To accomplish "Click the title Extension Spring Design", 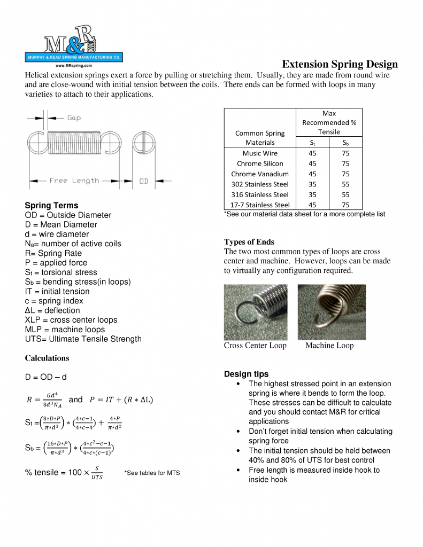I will (x=340, y=64).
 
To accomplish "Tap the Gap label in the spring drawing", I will (x=74, y=118).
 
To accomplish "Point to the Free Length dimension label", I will (x=74, y=181).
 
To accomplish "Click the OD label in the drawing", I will (x=144, y=181).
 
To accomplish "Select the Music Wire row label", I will (x=260, y=153).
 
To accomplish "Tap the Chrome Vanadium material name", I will (x=260, y=174).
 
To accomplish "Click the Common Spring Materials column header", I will (x=260, y=138).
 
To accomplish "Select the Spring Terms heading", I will (x=51, y=206).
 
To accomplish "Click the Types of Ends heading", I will (x=249, y=242).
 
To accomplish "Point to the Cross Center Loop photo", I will (x=255, y=312).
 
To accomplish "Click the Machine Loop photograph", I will (x=332, y=312).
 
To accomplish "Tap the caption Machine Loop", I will (x=329, y=346).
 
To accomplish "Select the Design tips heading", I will (x=246, y=374).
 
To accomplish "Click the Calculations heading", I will (x=47, y=358).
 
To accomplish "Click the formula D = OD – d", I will (x=45, y=377).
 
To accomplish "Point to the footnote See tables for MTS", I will (x=152, y=473).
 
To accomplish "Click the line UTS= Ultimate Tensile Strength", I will (x=83, y=339).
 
